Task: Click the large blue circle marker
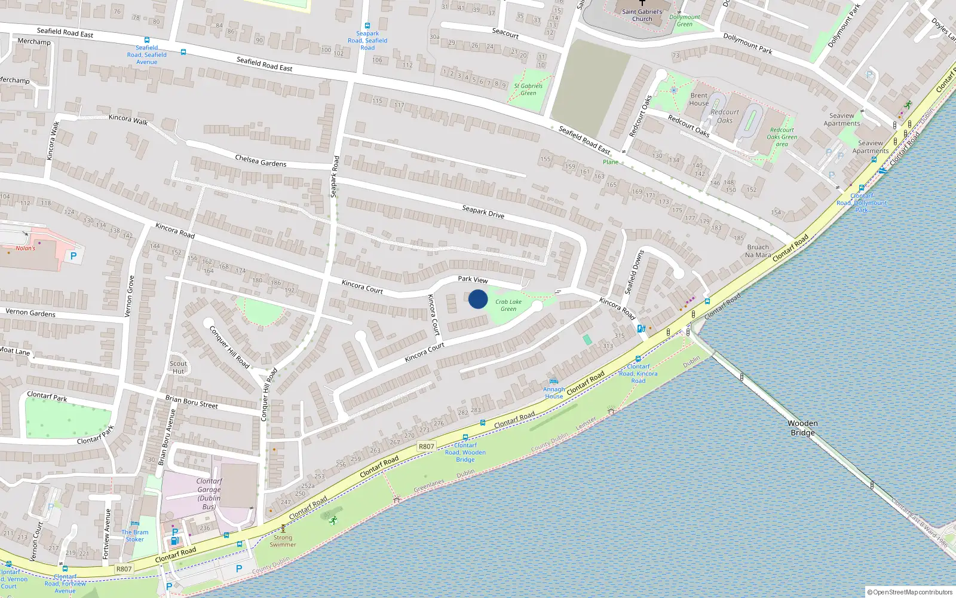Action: pyautogui.click(x=478, y=299)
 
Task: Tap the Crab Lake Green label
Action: pyautogui.click(x=508, y=305)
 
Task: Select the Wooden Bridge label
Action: pyautogui.click(x=802, y=428)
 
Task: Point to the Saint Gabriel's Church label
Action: pyautogui.click(x=642, y=15)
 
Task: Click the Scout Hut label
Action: pyautogui.click(x=178, y=367)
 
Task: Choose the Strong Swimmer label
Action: pyautogui.click(x=283, y=541)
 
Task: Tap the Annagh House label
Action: pyautogui.click(x=554, y=392)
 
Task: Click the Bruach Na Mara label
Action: pyautogui.click(x=758, y=251)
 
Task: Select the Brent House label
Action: pyautogui.click(x=699, y=99)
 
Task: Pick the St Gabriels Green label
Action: pyautogui.click(x=528, y=89)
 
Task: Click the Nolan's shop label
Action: pyautogui.click(x=25, y=248)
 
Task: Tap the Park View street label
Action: pyautogui.click(x=473, y=279)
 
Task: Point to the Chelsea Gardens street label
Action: pyautogui.click(x=261, y=161)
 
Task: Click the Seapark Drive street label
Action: pyautogui.click(x=483, y=212)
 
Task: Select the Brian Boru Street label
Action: pyautogui.click(x=191, y=402)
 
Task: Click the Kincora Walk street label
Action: pyautogui.click(x=128, y=119)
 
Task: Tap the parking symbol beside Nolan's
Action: pyautogui.click(x=73, y=256)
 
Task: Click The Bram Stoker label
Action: pyautogui.click(x=135, y=535)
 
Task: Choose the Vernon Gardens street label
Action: pyautogui.click(x=30, y=312)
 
